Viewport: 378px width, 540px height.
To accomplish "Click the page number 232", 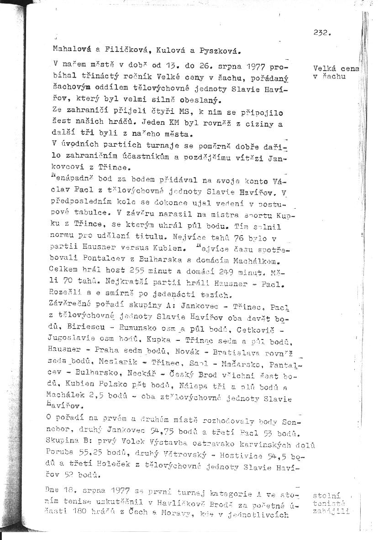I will [322, 32].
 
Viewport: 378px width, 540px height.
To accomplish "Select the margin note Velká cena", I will [336, 68].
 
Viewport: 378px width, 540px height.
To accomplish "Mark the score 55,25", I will [89, 453].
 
